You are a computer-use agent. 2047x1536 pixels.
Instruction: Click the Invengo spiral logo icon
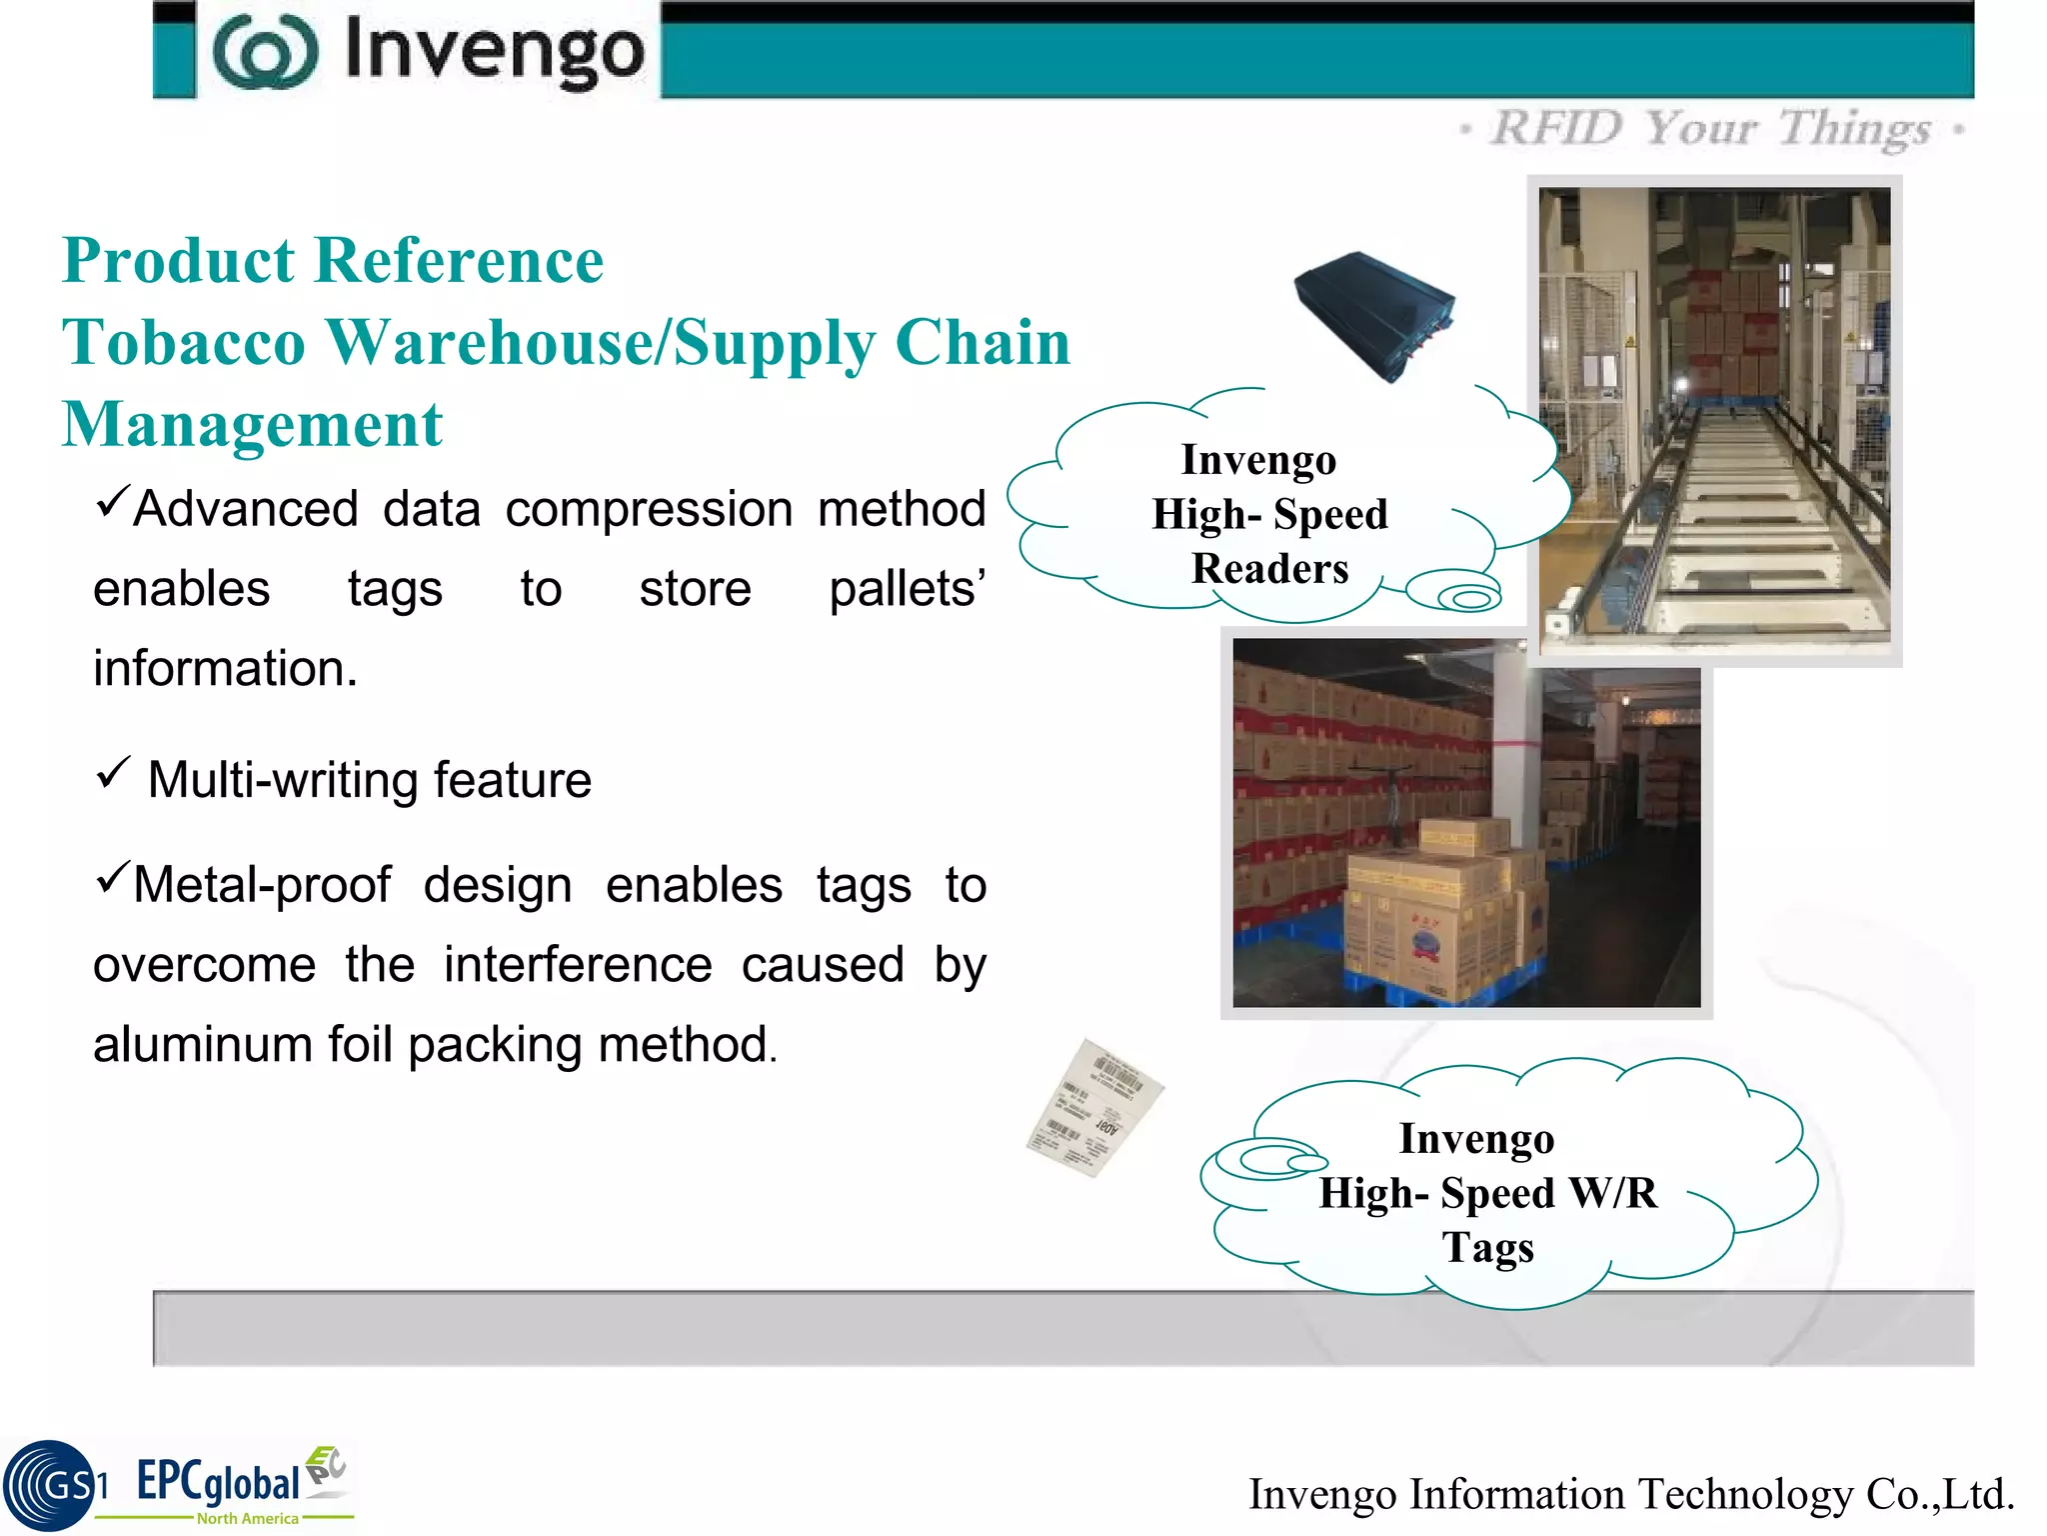coord(265,52)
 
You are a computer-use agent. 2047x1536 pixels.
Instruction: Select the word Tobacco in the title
coord(184,343)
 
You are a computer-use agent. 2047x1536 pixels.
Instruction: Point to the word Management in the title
coord(252,425)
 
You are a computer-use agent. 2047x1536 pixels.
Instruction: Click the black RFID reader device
coord(1375,314)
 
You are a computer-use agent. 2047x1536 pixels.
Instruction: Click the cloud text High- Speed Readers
coord(1269,515)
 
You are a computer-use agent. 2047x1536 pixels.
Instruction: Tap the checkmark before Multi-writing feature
coord(113,773)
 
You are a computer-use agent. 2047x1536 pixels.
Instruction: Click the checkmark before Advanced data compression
coord(113,499)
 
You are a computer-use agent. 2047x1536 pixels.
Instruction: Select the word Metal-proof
coord(262,886)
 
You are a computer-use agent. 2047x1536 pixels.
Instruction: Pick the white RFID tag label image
coord(1095,1108)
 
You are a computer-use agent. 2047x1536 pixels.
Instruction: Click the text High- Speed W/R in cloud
coord(1487,1194)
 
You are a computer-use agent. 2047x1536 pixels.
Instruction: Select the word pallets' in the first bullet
coord(907,589)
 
